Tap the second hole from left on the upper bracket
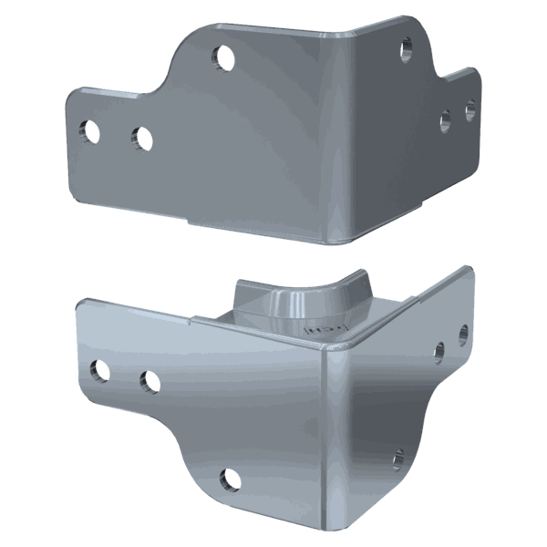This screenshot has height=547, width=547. tap(141, 139)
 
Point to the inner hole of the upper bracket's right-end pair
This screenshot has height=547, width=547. tap(446, 119)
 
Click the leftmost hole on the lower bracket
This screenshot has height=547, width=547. tap(97, 370)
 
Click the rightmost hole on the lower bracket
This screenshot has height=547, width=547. tap(463, 332)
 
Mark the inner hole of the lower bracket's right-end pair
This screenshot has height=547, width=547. tap(440, 349)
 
